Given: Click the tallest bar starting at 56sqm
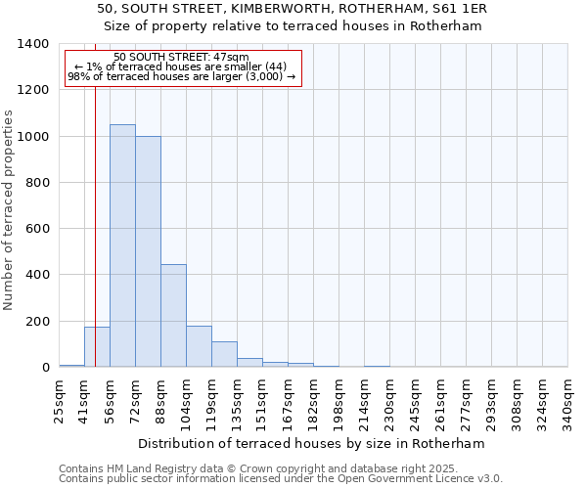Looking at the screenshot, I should point(122,245).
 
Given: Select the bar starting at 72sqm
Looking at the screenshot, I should point(148,251).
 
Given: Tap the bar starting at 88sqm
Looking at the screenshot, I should point(173,316).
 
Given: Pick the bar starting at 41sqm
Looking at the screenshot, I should point(97,347).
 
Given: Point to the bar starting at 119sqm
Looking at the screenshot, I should point(224,354).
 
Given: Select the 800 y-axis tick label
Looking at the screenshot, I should point(36,183).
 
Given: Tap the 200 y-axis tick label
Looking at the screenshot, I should point(36,322).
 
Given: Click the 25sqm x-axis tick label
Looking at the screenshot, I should point(60,400).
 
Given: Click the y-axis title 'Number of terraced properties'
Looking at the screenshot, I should point(10,209).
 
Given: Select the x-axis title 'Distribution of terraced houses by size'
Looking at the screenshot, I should point(312,443).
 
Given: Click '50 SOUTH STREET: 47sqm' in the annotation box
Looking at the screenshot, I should point(181,58).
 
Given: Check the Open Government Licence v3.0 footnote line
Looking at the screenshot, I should point(281,479).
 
